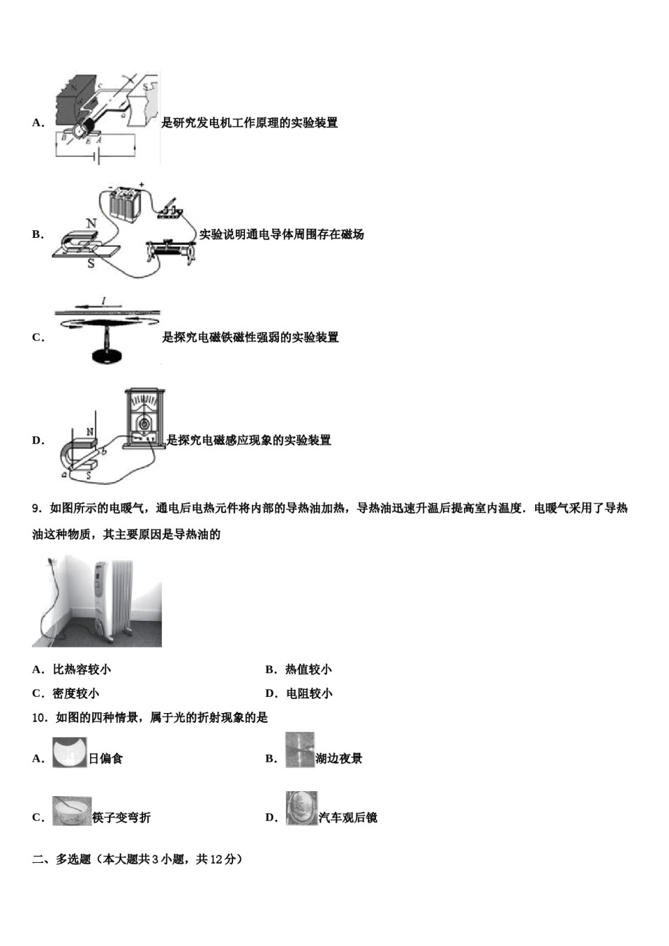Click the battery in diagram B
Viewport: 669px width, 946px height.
(127, 204)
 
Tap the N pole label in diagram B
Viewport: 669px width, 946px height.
(91, 223)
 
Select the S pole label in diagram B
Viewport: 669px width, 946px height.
(91, 264)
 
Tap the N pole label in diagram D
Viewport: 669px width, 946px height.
(90, 431)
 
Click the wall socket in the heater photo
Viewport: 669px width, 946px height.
(50, 563)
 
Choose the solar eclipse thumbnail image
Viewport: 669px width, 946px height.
(70, 752)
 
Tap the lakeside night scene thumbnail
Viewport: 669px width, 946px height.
(299, 750)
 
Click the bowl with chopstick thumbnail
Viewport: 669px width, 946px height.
(72, 810)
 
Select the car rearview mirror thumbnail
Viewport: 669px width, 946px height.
(301, 809)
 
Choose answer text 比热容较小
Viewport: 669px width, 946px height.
(82, 669)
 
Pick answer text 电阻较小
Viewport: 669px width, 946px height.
(309, 693)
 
